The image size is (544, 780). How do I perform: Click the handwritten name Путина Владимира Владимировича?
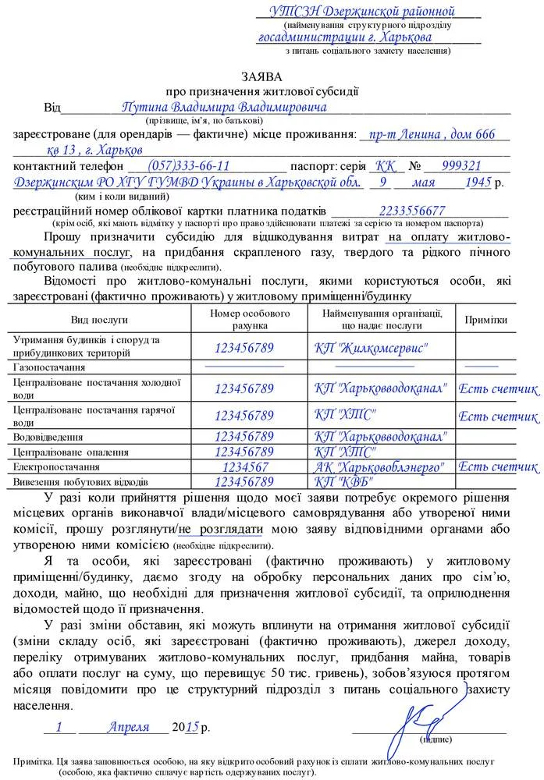224,106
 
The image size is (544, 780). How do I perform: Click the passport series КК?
385,166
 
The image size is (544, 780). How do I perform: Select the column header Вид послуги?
99,320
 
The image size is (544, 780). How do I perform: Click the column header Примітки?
485,320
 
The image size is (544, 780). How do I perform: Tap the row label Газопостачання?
48,366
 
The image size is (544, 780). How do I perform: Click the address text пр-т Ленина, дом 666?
432,135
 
